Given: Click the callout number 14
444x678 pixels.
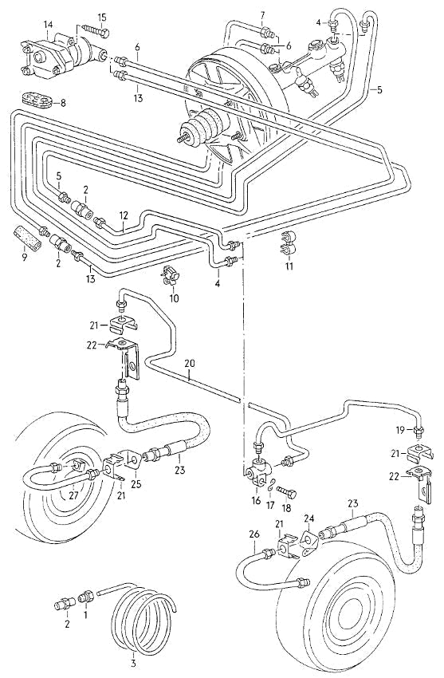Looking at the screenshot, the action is [x=49, y=25].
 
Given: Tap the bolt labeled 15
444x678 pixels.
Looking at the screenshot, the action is [x=95, y=30].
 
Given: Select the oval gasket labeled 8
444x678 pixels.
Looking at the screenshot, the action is [x=37, y=100].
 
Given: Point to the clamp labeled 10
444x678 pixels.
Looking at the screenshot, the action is [x=171, y=276].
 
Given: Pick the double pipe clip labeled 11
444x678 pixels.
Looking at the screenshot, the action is [x=287, y=243].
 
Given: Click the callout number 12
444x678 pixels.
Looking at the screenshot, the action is [x=124, y=215].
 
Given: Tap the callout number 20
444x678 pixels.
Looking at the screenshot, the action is [x=189, y=364].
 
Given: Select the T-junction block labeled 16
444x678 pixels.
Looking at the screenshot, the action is [x=258, y=471].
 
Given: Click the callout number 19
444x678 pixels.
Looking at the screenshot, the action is [x=400, y=430].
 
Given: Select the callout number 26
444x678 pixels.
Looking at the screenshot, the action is [x=254, y=534].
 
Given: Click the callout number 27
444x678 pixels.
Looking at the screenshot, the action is [x=73, y=495].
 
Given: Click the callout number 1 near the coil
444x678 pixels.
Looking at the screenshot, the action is [x=85, y=613].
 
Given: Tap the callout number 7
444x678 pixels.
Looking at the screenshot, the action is [x=262, y=17].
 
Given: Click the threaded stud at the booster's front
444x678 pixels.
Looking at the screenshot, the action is [x=184, y=138].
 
